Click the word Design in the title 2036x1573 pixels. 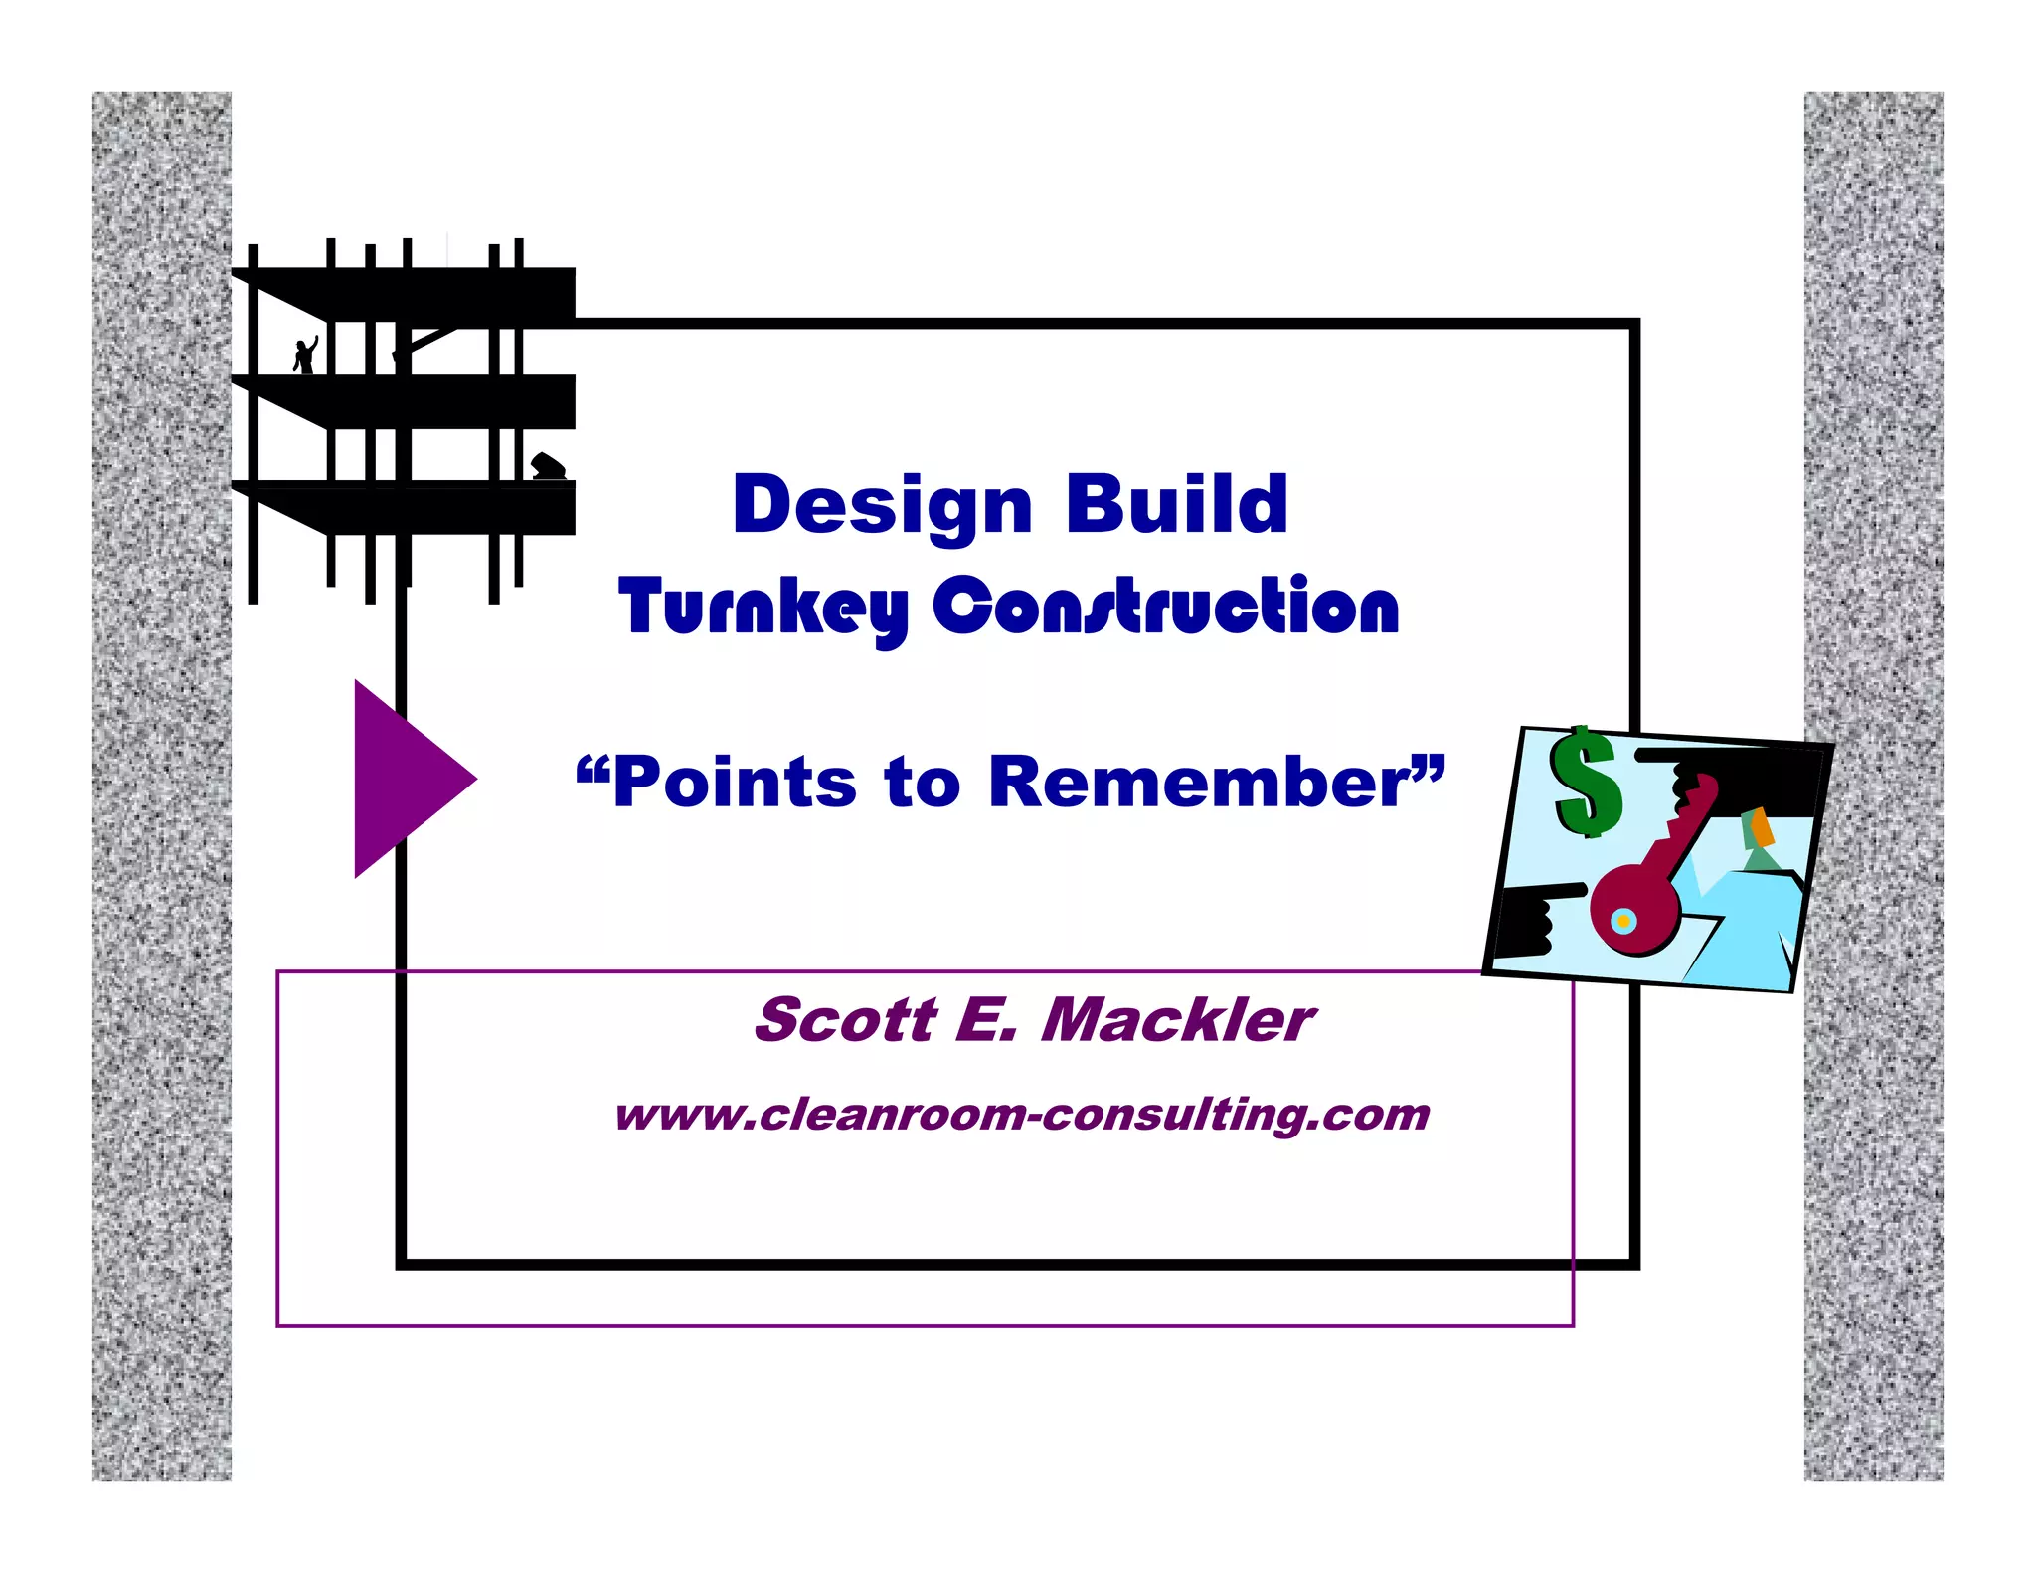tap(882, 505)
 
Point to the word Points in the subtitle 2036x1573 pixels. tap(734, 783)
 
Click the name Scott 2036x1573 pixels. tap(845, 1020)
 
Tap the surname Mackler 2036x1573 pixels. tap(1177, 1020)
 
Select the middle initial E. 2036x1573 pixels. tap(985, 1020)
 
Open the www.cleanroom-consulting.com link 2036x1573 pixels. tap(1022, 1115)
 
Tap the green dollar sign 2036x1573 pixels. tap(1587, 782)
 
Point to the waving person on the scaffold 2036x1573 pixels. tap(305, 355)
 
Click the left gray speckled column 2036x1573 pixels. tap(161, 786)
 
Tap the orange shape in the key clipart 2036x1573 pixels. tap(1762, 826)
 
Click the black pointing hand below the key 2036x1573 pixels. tap(1530, 920)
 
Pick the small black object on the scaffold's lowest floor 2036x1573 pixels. tap(548, 466)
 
